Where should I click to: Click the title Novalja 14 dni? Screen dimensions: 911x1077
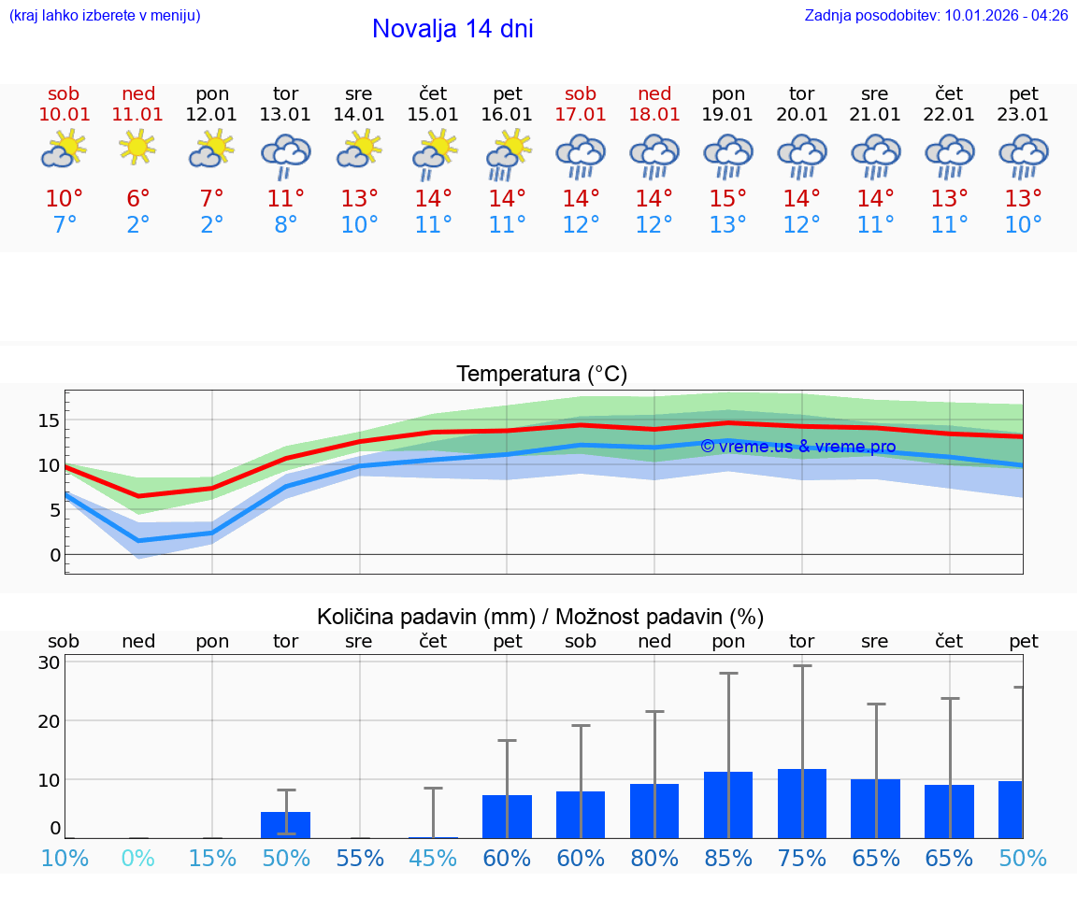(x=452, y=29)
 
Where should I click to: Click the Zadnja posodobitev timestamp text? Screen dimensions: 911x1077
(x=936, y=16)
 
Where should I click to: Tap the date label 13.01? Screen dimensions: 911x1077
(x=285, y=115)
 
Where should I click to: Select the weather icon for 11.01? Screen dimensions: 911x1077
(x=137, y=148)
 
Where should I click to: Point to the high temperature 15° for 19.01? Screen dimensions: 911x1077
(x=728, y=199)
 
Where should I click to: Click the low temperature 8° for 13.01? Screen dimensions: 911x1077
(x=285, y=225)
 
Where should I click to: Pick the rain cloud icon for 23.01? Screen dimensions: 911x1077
(x=1024, y=154)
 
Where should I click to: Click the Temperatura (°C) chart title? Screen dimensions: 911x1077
(x=541, y=375)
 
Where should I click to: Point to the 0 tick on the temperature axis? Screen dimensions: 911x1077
(x=54, y=555)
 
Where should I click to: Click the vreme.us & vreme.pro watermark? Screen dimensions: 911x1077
(x=798, y=447)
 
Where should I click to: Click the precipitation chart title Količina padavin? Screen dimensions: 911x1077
(x=540, y=617)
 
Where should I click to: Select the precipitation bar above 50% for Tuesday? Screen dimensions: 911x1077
(x=285, y=825)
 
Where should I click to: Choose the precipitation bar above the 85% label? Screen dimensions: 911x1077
(x=728, y=804)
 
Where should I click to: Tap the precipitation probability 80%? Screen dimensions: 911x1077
(x=654, y=859)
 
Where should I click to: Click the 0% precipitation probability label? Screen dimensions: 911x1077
(x=137, y=859)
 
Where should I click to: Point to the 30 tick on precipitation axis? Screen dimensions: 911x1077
(x=49, y=662)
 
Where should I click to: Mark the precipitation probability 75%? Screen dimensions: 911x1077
(x=802, y=859)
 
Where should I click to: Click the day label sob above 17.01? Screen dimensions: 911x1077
(x=581, y=94)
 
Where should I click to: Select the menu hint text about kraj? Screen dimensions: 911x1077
(x=105, y=16)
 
